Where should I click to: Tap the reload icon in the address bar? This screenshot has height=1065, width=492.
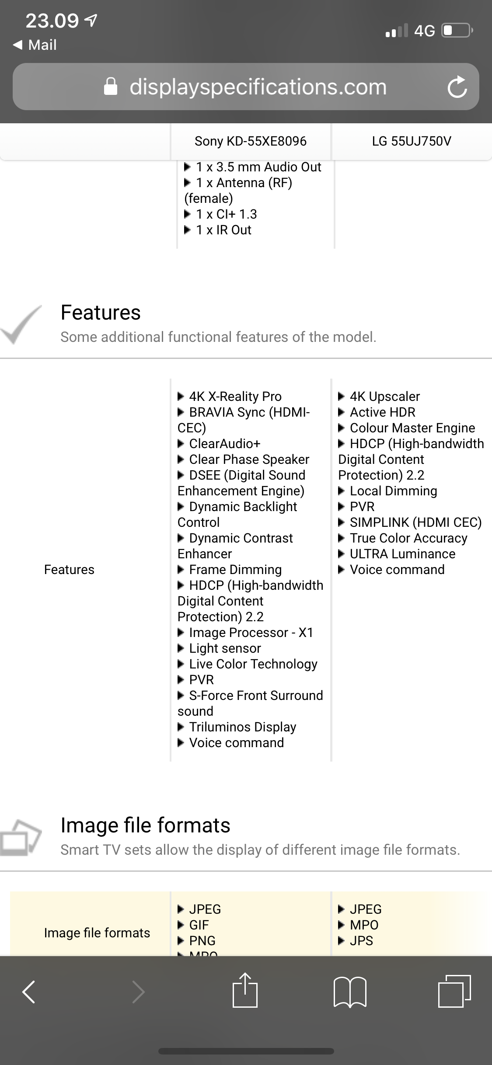click(457, 87)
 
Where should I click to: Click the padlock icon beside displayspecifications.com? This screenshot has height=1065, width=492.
click(111, 87)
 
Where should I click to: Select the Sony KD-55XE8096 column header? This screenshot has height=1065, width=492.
click(251, 141)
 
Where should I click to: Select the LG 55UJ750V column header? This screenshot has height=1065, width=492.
click(412, 141)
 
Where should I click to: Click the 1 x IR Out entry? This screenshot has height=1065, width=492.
click(223, 230)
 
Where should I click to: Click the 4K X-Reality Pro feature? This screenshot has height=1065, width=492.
click(235, 397)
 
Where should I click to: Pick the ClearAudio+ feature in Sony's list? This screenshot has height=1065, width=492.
click(224, 444)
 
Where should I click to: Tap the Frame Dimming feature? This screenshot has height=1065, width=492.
click(235, 570)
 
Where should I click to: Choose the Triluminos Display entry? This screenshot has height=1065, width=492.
click(242, 727)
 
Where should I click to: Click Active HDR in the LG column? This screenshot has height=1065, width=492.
click(382, 412)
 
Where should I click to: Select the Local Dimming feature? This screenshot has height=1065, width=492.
click(393, 491)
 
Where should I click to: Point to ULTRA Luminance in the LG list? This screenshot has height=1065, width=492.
click(402, 554)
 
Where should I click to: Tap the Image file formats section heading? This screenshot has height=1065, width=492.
click(145, 825)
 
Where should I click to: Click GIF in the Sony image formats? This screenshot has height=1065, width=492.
click(199, 925)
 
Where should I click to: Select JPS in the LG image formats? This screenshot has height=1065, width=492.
click(361, 940)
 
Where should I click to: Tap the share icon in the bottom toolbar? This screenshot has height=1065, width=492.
click(245, 991)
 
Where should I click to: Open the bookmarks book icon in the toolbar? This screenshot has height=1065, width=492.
click(349, 991)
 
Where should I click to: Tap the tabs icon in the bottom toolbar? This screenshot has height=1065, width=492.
click(454, 991)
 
